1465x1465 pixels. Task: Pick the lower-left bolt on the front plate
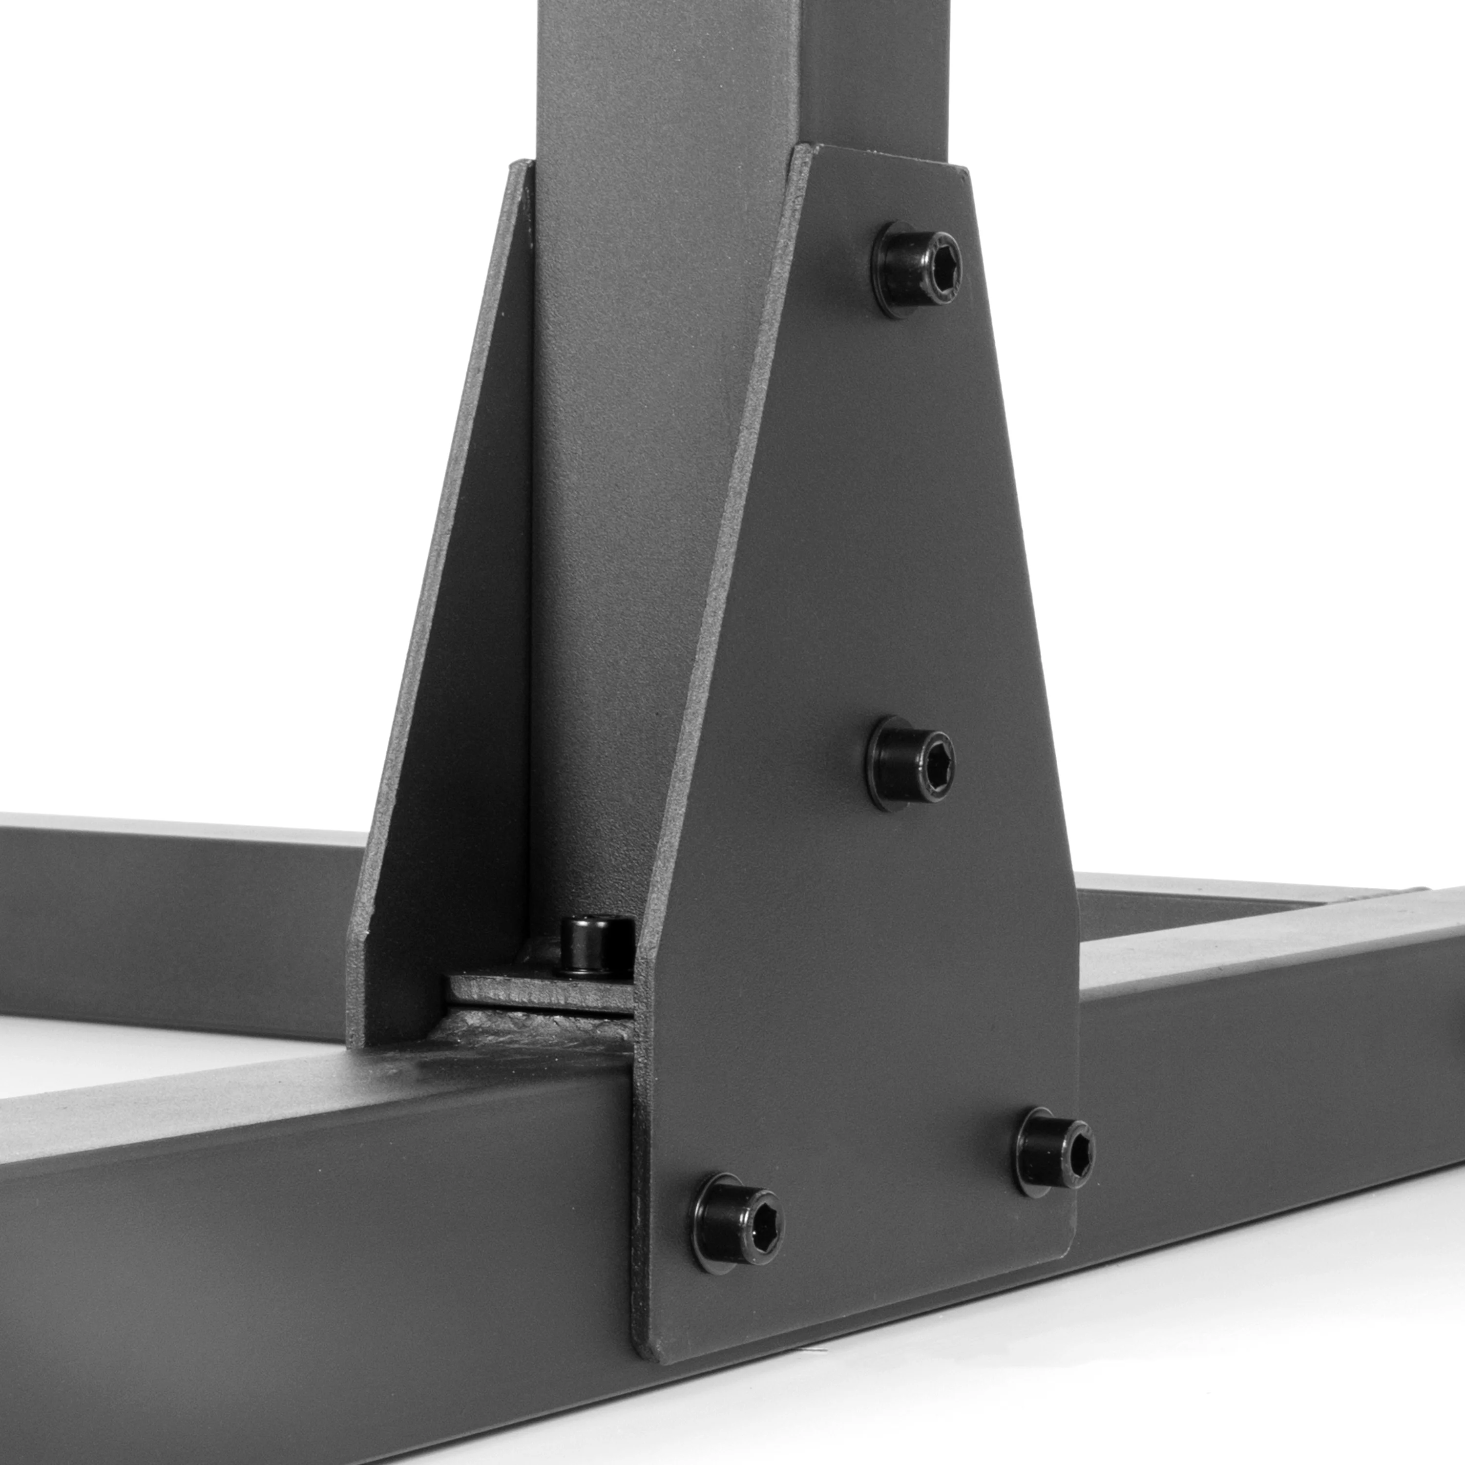[735, 1222]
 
